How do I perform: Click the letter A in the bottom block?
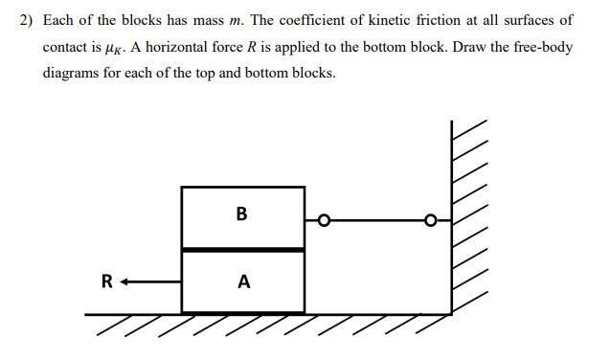(243, 281)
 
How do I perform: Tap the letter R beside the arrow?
(107, 281)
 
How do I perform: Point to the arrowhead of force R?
(125, 281)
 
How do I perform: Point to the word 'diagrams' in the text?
(71, 73)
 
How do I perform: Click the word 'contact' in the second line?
(67, 46)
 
